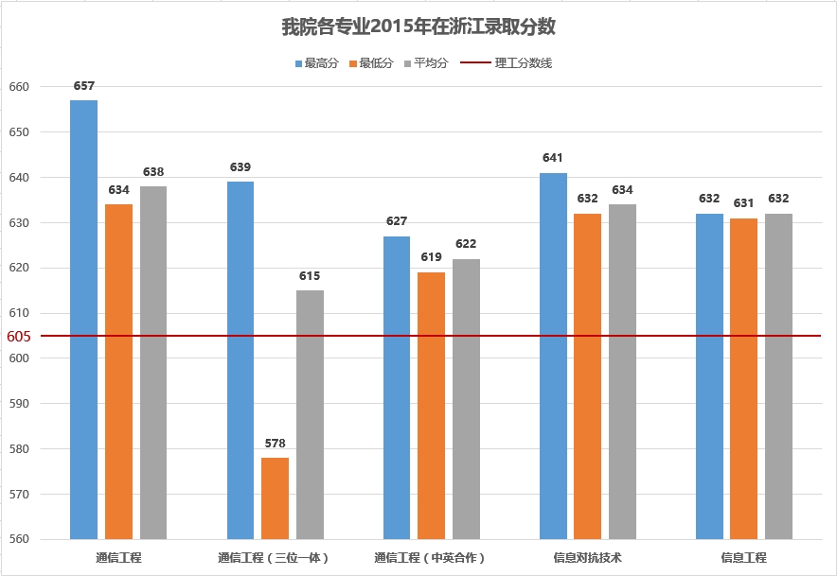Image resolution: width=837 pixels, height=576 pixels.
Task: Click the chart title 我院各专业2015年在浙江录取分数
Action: point(418,26)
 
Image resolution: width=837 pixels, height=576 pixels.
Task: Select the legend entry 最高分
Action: point(316,63)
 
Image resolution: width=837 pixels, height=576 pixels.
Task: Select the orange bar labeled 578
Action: point(275,498)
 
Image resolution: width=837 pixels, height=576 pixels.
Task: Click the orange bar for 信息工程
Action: point(744,378)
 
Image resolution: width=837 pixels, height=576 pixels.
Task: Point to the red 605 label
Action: point(19,336)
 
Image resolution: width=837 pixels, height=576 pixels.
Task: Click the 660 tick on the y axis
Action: point(20,87)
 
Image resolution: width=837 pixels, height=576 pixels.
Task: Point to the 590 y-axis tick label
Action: point(20,404)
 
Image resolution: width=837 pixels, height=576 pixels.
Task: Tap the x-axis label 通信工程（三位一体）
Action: point(275,558)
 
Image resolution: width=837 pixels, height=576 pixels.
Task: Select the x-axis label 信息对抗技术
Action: point(587,558)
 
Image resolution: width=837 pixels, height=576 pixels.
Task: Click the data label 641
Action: point(553,158)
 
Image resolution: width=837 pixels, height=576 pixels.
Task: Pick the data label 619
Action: point(431,257)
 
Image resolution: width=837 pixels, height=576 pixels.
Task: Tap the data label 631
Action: point(744,203)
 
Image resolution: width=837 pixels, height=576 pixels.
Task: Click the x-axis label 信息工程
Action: point(743,558)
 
